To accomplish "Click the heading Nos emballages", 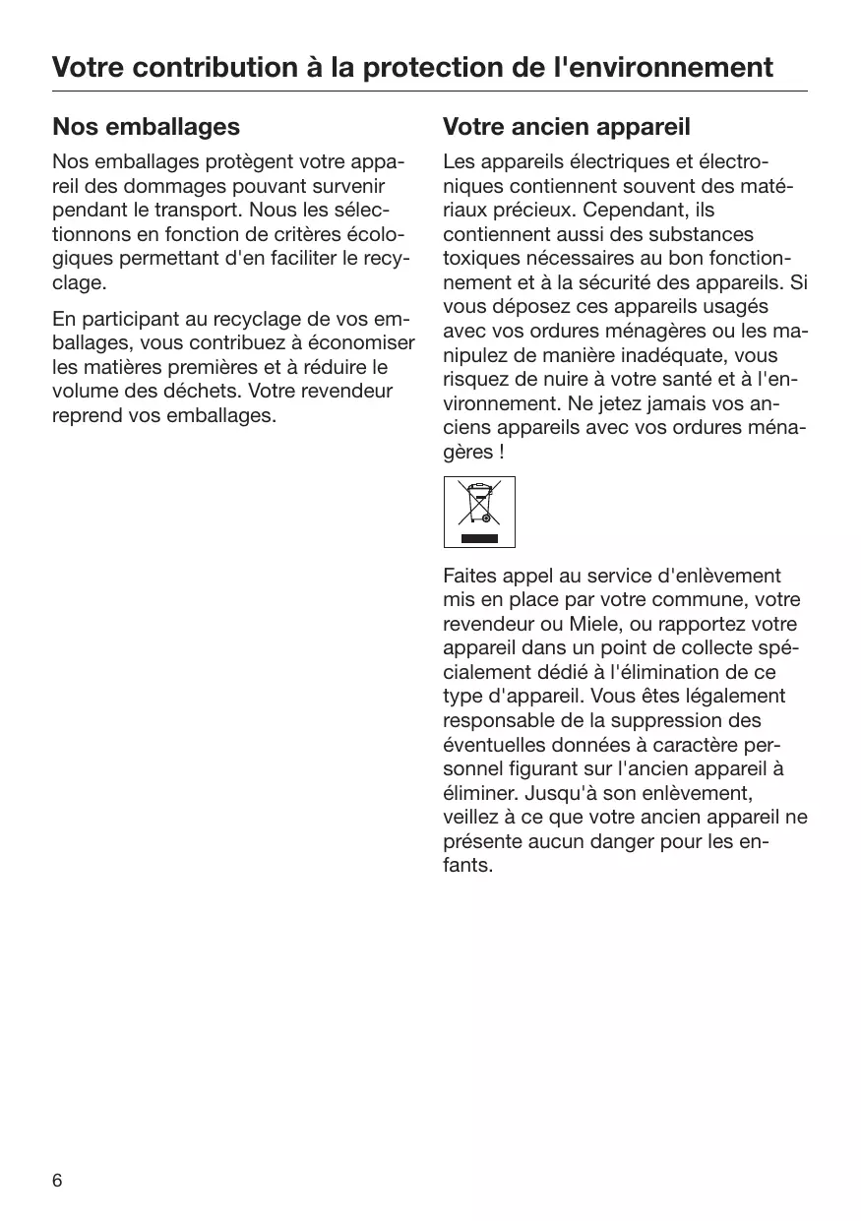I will [146, 127].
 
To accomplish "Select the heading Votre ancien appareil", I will [566, 127].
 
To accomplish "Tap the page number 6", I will [57, 1181].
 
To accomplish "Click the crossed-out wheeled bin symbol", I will [479, 503].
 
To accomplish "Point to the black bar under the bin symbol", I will [479, 537].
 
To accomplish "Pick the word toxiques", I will [479, 259].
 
